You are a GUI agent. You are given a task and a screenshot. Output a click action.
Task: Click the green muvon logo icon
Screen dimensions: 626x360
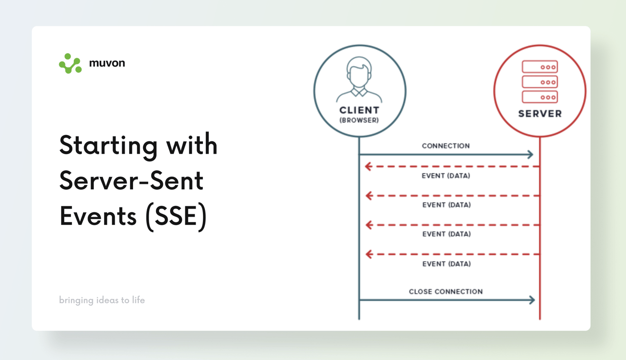coord(70,64)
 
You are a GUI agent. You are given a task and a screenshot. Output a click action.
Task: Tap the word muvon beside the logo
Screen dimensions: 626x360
coord(107,63)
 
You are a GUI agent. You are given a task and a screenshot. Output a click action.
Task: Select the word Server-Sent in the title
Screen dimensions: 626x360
coord(132,180)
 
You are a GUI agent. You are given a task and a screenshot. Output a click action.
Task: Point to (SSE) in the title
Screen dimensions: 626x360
coord(176,216)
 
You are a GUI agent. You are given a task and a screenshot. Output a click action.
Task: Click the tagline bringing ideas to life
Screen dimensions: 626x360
coord(102,300)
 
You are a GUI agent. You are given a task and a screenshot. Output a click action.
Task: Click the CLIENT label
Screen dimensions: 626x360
coord(359,110)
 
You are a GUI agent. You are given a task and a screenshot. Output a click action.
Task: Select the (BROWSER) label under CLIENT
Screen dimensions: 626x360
coord(359,120)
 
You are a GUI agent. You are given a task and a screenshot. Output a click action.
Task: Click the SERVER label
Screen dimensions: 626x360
coord(540,114)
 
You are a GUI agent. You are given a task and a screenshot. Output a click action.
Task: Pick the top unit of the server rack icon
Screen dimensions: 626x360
coord(540,67)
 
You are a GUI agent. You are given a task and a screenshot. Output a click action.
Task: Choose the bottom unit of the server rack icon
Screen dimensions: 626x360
coord(540,97)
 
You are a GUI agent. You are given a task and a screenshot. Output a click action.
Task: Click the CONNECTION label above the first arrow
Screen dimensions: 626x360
coord(446,146)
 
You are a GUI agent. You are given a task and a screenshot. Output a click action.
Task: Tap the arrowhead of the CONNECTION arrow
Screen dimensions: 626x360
coord(531,154)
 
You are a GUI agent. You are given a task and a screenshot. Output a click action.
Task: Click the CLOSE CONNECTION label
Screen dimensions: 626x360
coord(446,292)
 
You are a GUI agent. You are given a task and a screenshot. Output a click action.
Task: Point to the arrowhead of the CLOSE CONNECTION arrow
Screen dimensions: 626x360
coord(532,300)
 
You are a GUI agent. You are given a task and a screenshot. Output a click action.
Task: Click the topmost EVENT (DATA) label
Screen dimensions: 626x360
coord(446,176)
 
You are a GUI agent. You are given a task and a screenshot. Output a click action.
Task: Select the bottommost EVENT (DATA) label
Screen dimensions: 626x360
coord(447,264)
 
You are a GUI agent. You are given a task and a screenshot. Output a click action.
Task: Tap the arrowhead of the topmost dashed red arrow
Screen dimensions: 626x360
coord(368,167)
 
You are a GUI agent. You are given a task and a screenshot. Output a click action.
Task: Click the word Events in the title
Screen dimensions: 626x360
coord(98,216)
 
